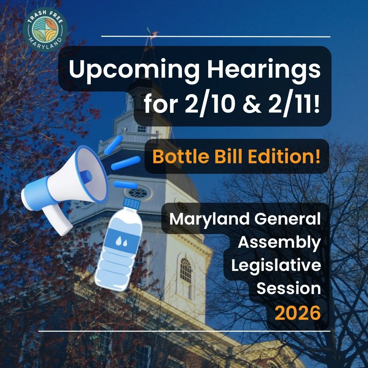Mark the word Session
(288, 289)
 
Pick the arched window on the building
(186, 271)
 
